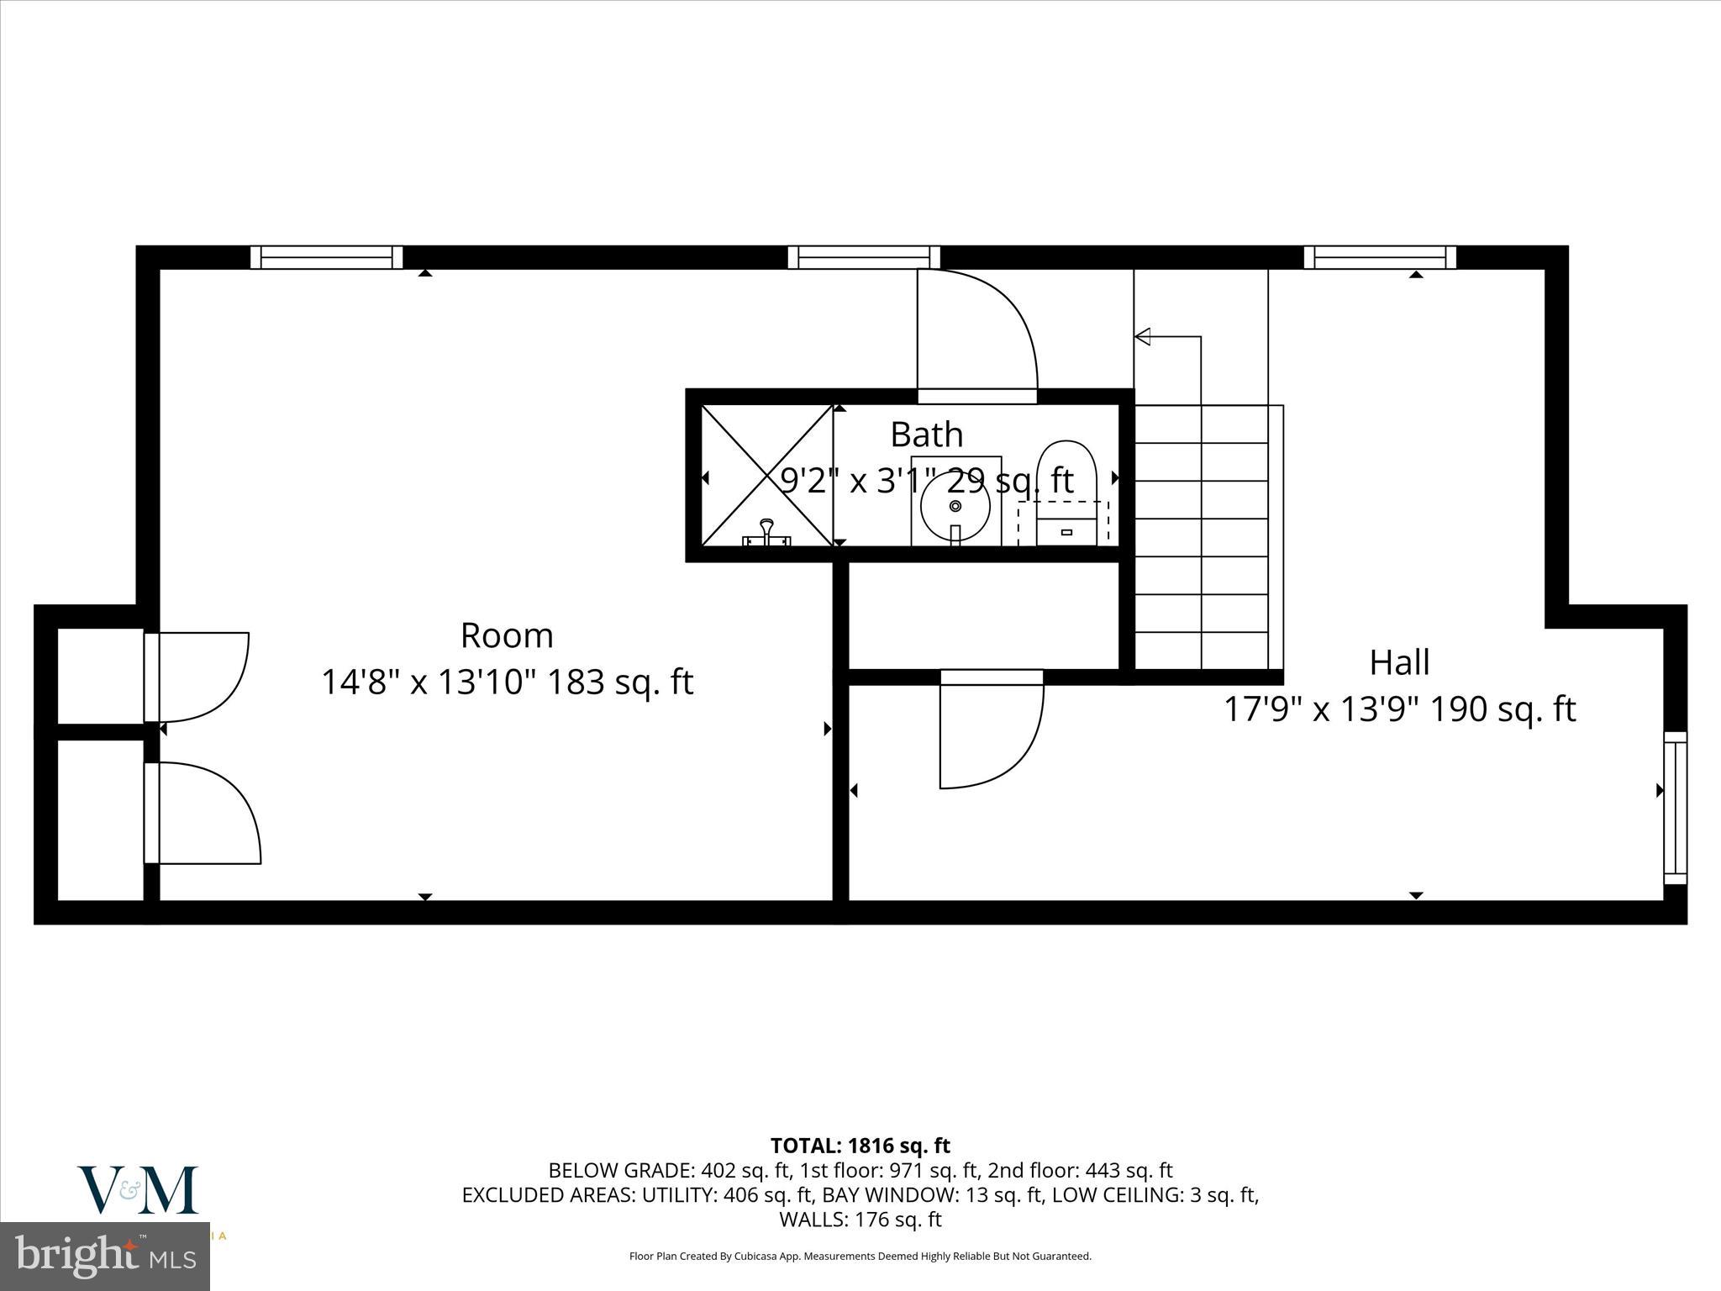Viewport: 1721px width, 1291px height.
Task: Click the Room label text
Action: coord(507,635)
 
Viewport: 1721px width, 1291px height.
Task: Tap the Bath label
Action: coord(926,435)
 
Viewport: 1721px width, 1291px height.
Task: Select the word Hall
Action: coord(1399,662)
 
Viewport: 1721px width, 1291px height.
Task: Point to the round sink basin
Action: coord(955,506)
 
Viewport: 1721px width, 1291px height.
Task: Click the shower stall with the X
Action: coord(767,476)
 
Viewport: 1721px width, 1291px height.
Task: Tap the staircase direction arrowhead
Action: coord(1143,337)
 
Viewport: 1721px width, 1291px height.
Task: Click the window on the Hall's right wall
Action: coord(1676,808)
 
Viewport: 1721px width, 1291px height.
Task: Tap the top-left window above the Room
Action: coord(326,257)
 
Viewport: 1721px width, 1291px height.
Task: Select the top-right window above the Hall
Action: coord(1380,257)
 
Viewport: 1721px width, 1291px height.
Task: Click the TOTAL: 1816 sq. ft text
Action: coord(860,1146)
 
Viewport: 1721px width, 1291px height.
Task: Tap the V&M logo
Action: coord(138,1189)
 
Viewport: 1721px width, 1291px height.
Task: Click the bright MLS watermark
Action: coord(105,1256)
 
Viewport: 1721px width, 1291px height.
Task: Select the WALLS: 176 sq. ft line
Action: coord(860,1220)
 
